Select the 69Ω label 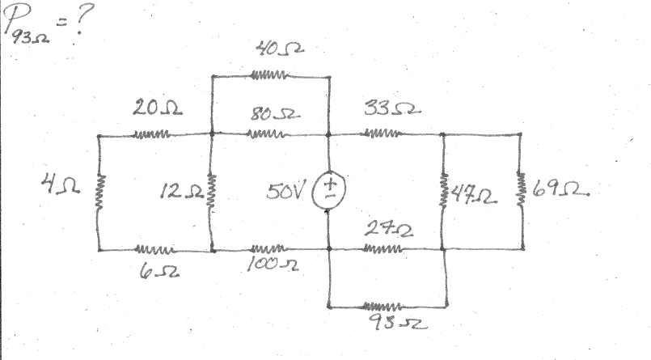pyautogui.click(x=559, y=192)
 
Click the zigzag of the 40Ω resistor pyautogui.click(x=269, y=77)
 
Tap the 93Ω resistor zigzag pyautogui.click(x=387, y=307)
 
